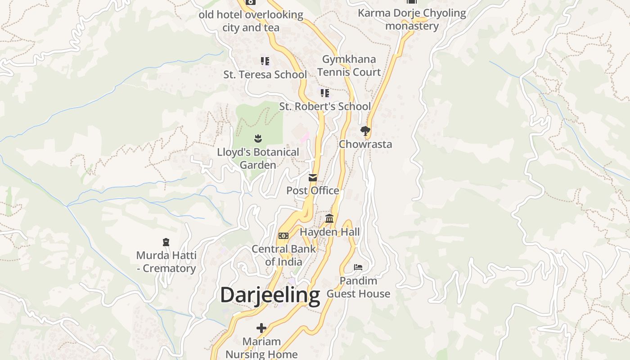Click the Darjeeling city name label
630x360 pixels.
point(270,295)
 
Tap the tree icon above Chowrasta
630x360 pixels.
point(365,131)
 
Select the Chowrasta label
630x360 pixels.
point(365,144)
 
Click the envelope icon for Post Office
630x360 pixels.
point(313,178)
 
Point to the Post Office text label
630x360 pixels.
point(313,191)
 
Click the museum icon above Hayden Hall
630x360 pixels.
point(329,219)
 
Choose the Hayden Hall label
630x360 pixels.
point(330,232)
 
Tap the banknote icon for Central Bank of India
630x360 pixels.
point(283,236)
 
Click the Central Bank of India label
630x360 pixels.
point(283,255)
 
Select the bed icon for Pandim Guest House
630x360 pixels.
point(358,267)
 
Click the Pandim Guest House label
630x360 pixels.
point(358,287)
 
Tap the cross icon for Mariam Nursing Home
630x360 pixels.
point(261,328)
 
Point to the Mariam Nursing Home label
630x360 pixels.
point(261,348)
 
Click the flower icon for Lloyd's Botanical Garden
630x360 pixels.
point(258,139)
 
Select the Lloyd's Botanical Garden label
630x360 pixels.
point(258,158)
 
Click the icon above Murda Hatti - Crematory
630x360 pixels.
point(166,242)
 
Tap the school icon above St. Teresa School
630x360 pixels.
point(265,61)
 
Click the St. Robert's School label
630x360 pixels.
point(325,107)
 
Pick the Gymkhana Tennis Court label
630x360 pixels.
point(349,66)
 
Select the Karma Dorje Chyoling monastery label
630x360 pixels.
point(412,19)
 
